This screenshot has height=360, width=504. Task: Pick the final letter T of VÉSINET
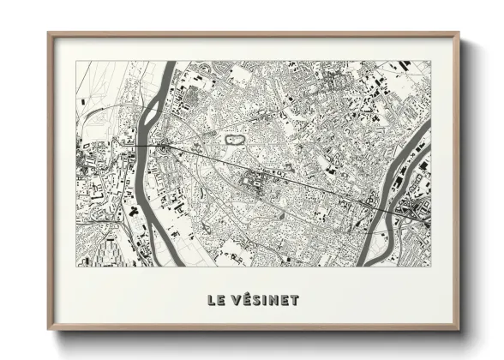coord(295,300)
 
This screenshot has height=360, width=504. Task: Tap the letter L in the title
coord(210,300)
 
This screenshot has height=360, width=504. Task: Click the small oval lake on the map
coord(232,137)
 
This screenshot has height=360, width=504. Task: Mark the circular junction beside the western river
coord(163,147)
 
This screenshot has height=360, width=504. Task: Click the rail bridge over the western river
coord(149,147)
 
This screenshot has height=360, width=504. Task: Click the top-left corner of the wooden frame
coord(48,33)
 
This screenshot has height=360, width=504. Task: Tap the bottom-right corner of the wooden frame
coord(459,330)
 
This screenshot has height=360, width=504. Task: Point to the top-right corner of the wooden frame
coord(459,33)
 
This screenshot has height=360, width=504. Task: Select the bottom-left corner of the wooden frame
coord(48,330)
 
